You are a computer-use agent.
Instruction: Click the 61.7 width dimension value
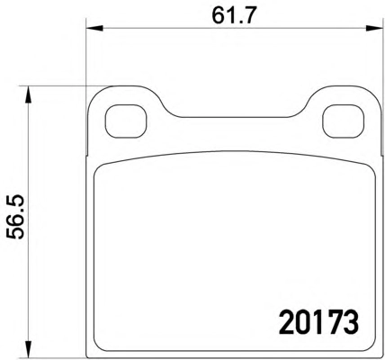click(x=235, y=15)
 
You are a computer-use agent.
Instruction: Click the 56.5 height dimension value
click(x=15, y=217)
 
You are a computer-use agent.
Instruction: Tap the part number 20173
click(x=318, y=323)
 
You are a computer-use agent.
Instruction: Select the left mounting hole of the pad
click(x=126, y=121)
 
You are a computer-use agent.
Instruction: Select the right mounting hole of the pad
click(x=344, y=121)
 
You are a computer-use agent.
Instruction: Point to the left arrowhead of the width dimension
click(x=94, y=29)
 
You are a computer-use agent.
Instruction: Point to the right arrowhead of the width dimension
click(x=375, y=29)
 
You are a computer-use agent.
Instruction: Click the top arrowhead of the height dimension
click(x=28, y=94)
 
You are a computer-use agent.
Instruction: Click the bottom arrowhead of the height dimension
click(x=28, y=349)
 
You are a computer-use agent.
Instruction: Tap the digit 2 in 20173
click(x=286, y=323)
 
